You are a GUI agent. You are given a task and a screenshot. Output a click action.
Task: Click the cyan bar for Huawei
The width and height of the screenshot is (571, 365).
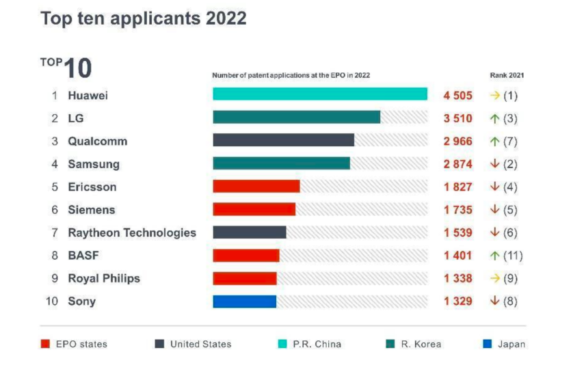tap(319, 94)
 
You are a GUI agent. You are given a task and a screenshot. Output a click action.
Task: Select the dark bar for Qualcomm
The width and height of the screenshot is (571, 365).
tap(283, 140)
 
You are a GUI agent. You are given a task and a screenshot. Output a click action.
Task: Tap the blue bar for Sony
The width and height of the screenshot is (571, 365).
tap(244, 301)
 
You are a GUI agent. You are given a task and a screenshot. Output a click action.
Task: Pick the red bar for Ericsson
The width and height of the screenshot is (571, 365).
tap(256, 187)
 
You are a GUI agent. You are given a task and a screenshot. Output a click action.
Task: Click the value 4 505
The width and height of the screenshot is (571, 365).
tap(457, 95)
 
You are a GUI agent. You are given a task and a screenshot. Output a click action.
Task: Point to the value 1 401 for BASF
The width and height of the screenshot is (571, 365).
tap(457, 256)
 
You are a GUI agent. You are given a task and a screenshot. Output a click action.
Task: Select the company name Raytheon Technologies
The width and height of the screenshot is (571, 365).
tap(132, 232)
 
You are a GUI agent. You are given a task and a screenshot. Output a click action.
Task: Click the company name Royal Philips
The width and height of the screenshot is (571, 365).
tap(104, 278)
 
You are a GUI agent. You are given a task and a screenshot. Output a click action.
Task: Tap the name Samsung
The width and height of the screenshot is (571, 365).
tap(94, 164)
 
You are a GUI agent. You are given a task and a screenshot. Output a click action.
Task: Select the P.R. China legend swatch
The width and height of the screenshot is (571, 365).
tap(282, 344)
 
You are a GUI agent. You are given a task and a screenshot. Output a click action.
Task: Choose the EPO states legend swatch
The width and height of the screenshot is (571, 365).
tap(45, 344)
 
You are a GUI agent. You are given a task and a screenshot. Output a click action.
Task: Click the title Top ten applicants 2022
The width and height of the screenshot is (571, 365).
tap(144, 18)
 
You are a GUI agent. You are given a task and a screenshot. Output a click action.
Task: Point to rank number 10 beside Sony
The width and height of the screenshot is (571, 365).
tap(52, 301)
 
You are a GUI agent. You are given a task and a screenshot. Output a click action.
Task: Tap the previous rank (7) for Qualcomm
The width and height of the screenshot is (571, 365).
tap(510, 141)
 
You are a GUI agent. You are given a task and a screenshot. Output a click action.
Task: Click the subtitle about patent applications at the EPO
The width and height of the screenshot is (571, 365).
tap(291, 75)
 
